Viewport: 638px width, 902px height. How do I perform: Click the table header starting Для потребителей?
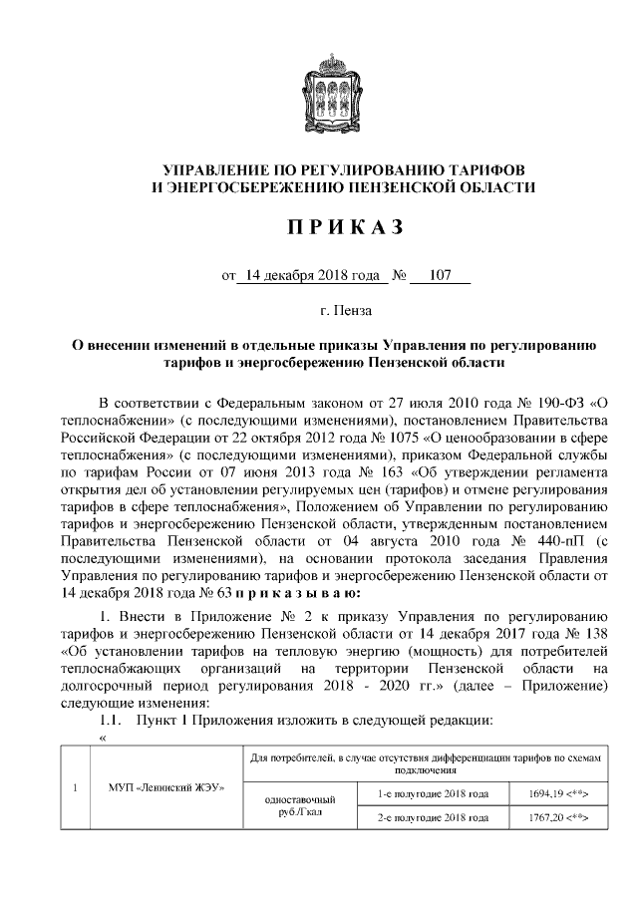click(x=426, y=763)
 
